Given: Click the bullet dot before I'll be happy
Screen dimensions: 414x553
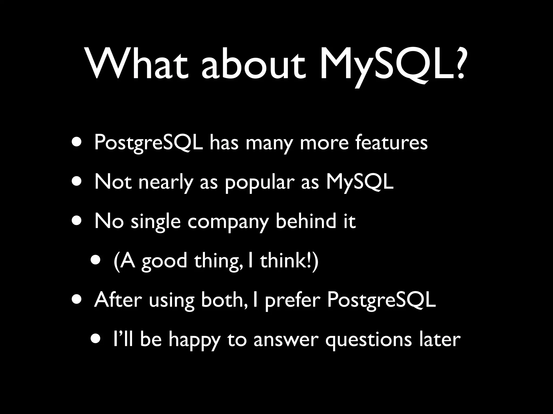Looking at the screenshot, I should coord(96,339).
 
